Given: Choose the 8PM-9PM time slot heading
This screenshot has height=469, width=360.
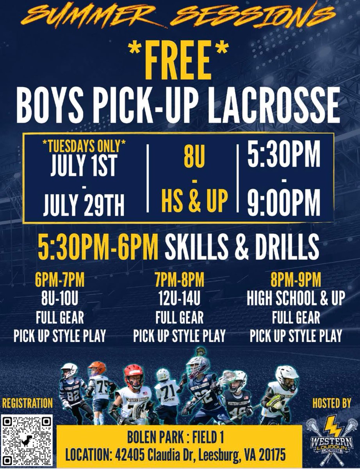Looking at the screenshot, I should (x=296, y=281).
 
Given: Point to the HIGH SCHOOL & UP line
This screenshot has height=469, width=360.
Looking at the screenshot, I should (x=296, y=299).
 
